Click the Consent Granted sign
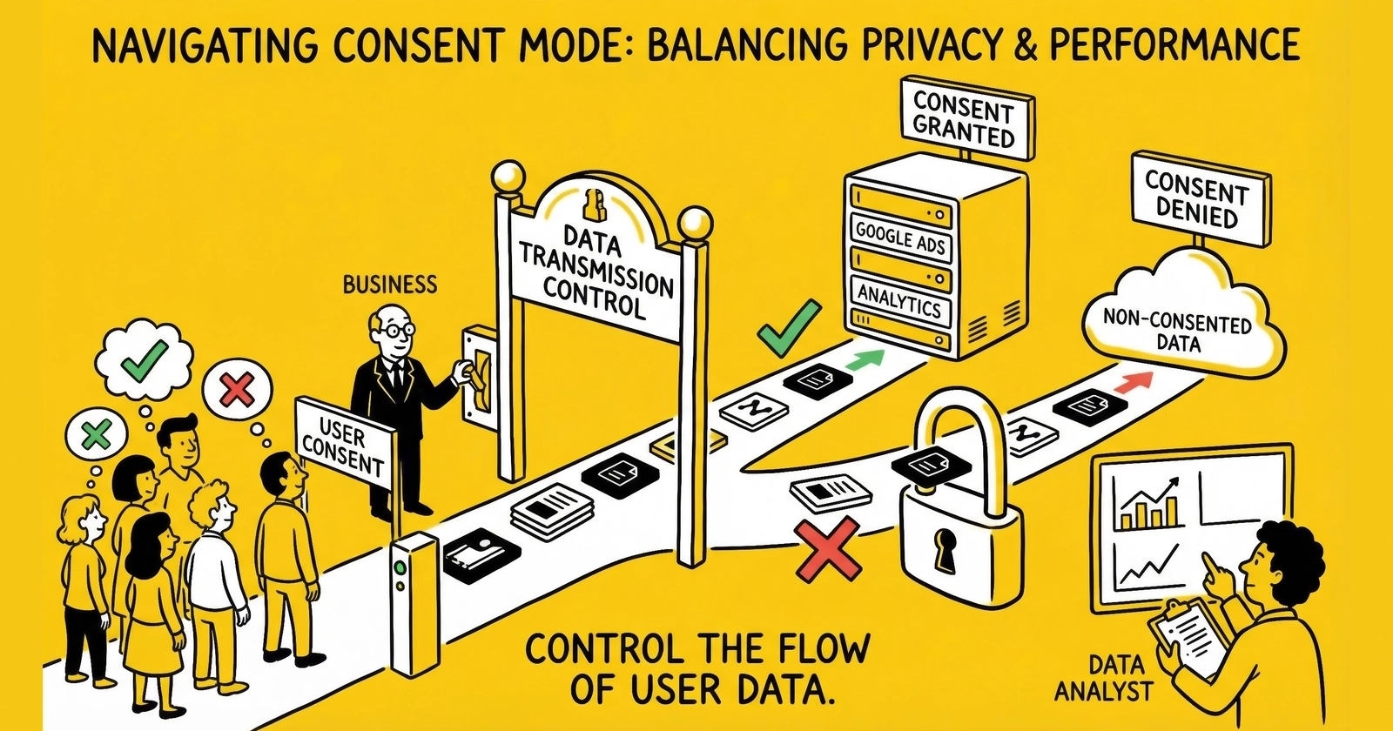[x=964, y=120]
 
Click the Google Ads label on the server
[x=899, y=236]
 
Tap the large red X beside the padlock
[x=827, y=550]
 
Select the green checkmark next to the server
[x=789, y=329]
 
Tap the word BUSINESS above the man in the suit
[x=389, y=285]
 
